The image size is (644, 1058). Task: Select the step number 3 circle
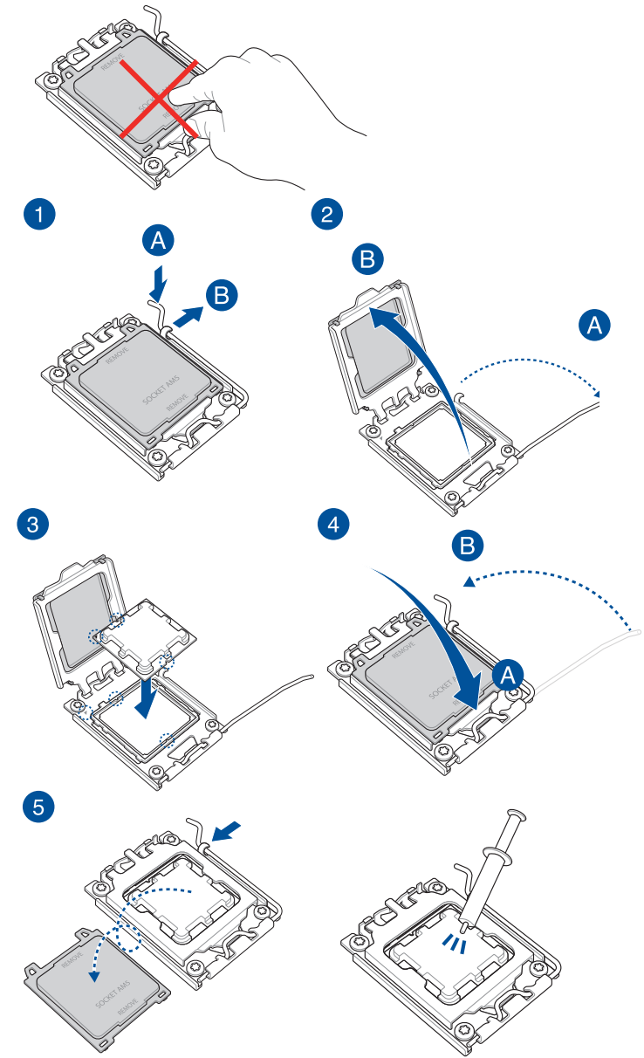click(34, 524)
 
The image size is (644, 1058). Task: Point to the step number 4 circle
click(332, 526)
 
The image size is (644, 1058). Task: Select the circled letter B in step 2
click(367, 259)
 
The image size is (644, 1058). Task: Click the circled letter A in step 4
click(509, 673)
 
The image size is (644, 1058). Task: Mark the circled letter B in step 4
click(468, 546)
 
